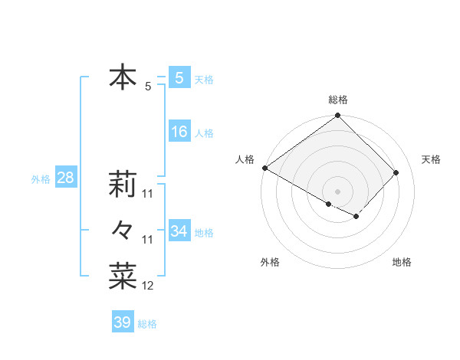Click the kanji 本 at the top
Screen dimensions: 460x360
coord(123,78)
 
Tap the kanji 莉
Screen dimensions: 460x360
coord(123,184)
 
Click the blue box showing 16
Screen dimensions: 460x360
coord(179,132)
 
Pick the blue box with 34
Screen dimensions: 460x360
coord(179,231)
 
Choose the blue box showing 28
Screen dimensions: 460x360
coord(65,178)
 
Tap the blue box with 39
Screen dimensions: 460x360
coord(123,322)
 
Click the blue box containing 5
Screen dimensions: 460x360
coord(179,78)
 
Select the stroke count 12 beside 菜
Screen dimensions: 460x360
coord(148,286)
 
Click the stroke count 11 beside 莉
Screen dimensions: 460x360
coord(148,193)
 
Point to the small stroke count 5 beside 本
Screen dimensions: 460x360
coord(148,87)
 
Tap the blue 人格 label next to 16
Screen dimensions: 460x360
coord(204,133)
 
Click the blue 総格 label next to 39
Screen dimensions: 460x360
coord(147,324)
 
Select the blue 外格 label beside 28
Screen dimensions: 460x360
coord(41,179)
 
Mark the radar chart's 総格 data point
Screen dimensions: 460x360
coord(337,116)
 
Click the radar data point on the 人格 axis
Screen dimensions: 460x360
coord(264,168)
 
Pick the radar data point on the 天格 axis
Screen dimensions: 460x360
coord(396,172)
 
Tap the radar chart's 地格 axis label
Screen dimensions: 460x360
coord(402,263)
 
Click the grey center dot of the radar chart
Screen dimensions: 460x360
coord(337,191)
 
